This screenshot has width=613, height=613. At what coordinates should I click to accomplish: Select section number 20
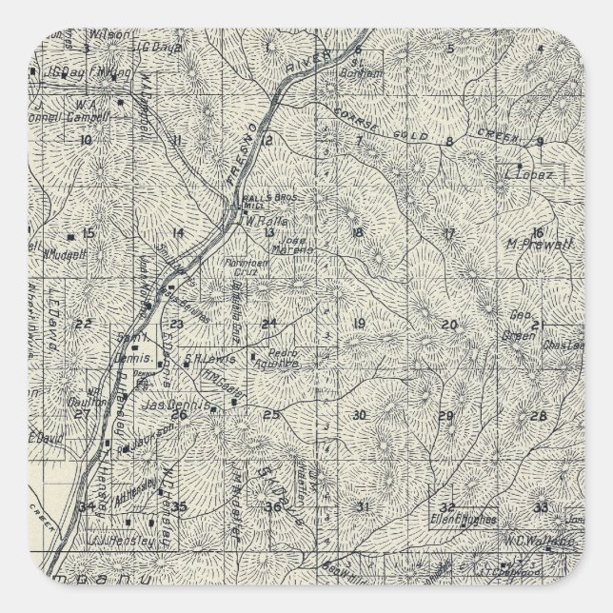(x=449, y=326)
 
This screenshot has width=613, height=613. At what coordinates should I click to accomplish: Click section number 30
(x=359, y=415)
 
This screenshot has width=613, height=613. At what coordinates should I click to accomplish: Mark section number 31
(x=361, y=505)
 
